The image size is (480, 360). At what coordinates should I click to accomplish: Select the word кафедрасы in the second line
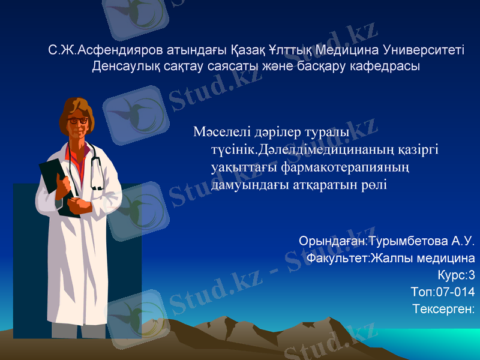point(389,65)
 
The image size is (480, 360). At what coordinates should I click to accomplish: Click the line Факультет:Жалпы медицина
point(390,259)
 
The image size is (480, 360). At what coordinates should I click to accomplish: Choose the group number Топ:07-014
point(443,292)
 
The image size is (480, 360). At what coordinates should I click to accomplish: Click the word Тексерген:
point(444,309)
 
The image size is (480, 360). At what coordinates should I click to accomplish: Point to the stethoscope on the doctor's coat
point(96,171)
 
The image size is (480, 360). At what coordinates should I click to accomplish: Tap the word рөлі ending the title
point(373,185)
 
